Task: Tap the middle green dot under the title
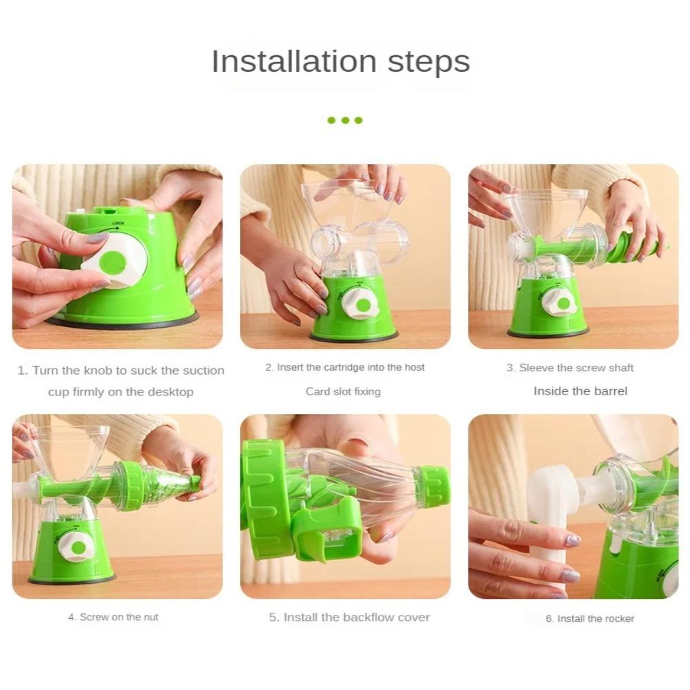click(x=345, y=120)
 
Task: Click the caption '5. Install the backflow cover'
click(x=349, y=617)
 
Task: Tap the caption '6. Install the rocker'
click(x=590, y=618)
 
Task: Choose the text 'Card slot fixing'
click(x=343, y=391)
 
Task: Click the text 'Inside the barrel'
click(x=580, y=391)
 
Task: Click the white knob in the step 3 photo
click(x=560, y=302)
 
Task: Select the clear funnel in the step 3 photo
click(x=545, y=207)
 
